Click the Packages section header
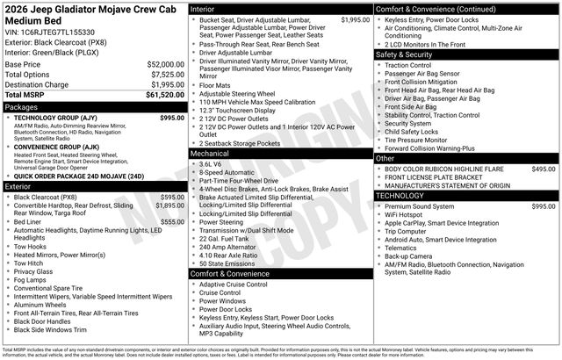[21, 106]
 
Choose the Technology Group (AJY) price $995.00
[172, 117]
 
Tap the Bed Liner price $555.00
[172, 222]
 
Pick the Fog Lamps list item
[32, 280]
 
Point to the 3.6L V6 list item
[210, 164]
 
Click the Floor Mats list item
[215, 85]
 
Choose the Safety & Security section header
[405, 54]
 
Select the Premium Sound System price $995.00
[544, 205]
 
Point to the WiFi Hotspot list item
[403, 214]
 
